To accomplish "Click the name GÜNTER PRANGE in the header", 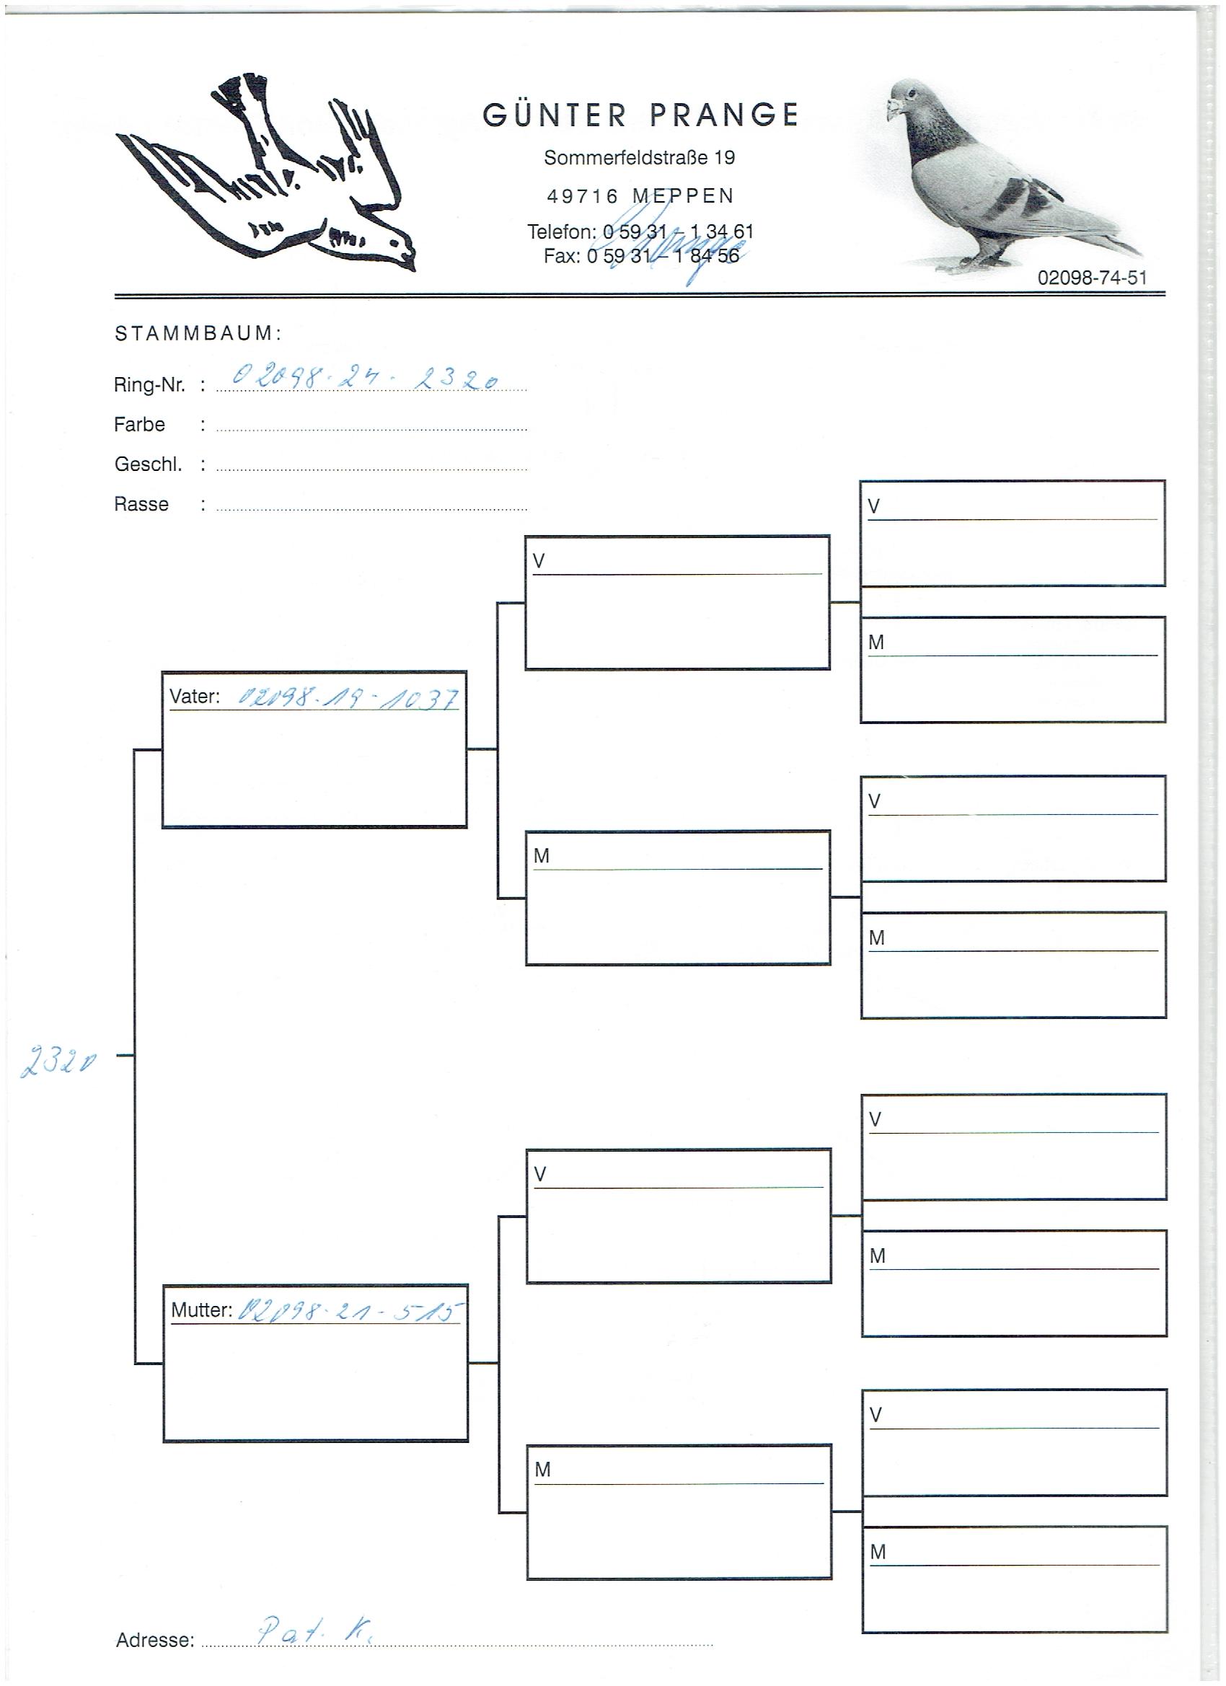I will pyautogui.click(x=640, y=115).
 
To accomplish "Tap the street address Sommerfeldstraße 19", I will pyautogui.click(x=640, y=158).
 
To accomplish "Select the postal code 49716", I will pyautogui.click(x=582, y=196).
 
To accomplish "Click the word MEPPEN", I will pyautogui.click(x=683, y=196).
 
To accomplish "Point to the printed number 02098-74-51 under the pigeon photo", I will pyautogui.click(x=1091, y=278).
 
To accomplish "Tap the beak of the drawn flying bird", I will pyautogui.click(x=408, y=257).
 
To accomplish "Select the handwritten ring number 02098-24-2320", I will pyautogui.click(x=365, y=380).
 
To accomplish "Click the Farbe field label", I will pyautogui.click(x=139, y=425).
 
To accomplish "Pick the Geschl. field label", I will pyautogui.click(x=148, y=464).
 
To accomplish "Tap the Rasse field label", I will pyautogui.click(x=141, y=504).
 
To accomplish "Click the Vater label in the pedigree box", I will pyautogui.click(x=194, y=697).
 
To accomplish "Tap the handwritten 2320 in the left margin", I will pyautogui.click(x=57, y=1064).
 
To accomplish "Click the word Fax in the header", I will pyautogui.click(x=560, y=256).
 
